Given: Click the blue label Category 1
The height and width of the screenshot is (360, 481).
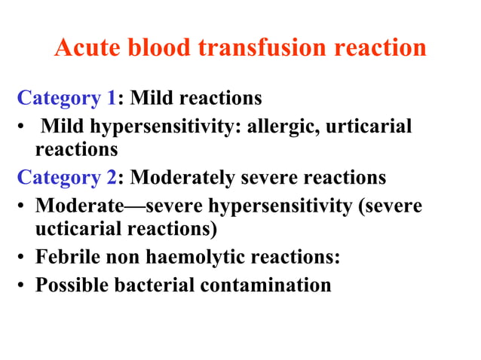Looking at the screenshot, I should coord(67,98).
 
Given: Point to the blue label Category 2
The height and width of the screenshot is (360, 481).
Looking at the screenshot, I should coord(67,178).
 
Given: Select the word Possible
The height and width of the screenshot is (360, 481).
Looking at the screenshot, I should coord(70,285).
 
